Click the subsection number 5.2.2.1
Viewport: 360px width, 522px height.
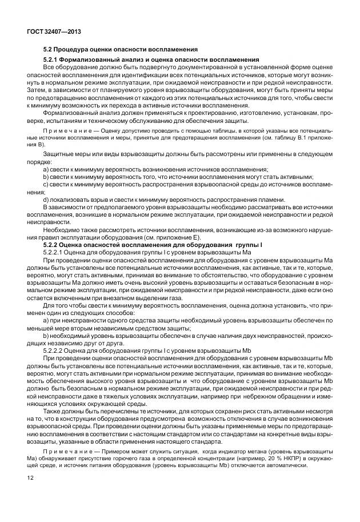pos(56,253)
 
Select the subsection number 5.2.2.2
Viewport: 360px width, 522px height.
pos(56,349)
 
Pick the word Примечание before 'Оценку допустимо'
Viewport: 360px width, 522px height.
pos(65,131)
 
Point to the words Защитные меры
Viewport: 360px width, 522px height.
pos(63,156)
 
